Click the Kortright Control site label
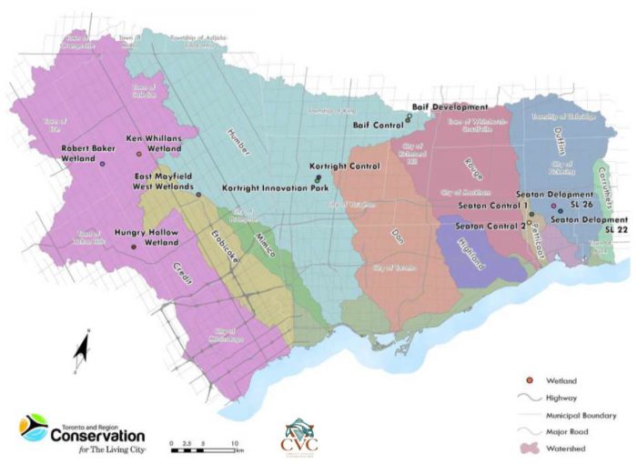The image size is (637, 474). [x=339, y=166]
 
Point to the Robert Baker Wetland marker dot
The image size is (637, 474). [x=102, y=164]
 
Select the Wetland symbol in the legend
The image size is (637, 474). [x=525, y=378]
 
